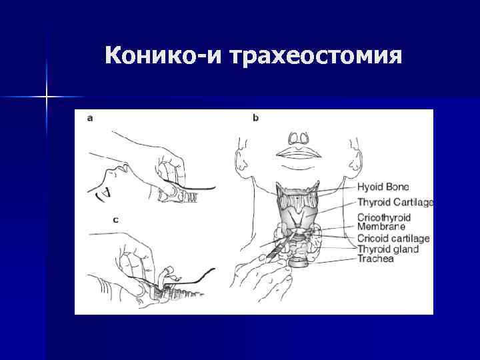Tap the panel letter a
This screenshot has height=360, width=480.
pos(90,118)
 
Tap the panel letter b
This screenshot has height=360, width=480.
pos(255,118)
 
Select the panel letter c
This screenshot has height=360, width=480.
pos(97,218)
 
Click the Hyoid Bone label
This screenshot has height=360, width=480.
pos(383,187)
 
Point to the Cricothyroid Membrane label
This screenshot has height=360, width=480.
pos(384,222)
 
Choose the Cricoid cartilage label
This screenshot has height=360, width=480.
pos(393,238)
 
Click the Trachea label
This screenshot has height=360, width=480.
pos(375,259)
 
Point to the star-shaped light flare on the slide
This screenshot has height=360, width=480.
pos(47,97)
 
